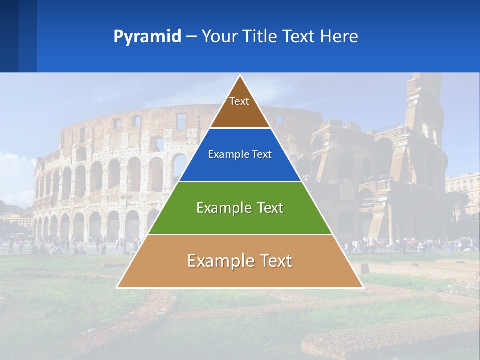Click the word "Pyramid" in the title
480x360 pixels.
click(x=147, y=37)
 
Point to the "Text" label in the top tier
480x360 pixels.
click(x=239, y=101)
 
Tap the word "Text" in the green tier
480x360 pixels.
click(x=270, y=208)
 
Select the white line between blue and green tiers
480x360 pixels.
click(x=240, y=181)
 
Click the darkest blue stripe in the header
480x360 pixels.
click(x=9, y=36)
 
